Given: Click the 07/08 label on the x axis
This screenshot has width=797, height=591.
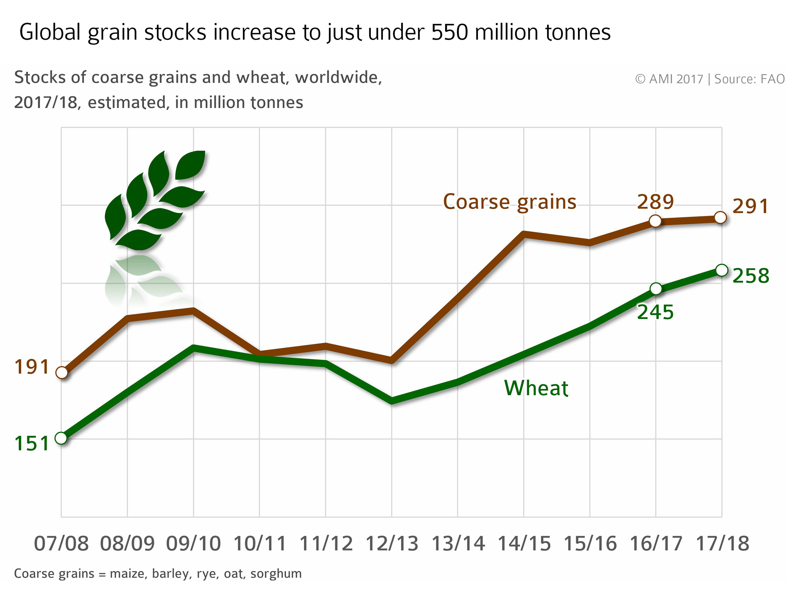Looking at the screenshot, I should [x=61, y=544].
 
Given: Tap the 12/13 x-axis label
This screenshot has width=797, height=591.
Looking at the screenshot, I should [x=391, y=544].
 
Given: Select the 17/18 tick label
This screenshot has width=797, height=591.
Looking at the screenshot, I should [x=722, y=544].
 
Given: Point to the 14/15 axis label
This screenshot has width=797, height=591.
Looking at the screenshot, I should [x=524, y=544].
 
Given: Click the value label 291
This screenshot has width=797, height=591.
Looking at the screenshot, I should [x=751, y=206].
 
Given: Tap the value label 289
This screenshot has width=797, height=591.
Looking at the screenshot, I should [x=655, y=202].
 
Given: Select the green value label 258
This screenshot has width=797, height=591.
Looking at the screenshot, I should [x=751, y=276].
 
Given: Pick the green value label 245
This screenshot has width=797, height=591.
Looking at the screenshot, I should [x=655, y=312].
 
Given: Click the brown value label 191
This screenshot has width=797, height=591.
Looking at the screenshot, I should [x=32, y=367].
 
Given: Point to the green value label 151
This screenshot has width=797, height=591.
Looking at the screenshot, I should [x=32, y=444].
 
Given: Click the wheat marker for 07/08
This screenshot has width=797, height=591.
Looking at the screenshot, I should [x=61, y=438].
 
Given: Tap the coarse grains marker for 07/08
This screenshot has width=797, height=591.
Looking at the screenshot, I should [x=61, y=373].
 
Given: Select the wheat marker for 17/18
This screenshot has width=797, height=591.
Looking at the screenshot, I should [x=722, y=270].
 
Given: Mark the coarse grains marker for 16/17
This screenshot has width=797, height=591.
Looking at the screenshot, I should [x=656, y=221].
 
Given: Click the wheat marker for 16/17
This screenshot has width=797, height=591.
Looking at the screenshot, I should [x=656, y=289].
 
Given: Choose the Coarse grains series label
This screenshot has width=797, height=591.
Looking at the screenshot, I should [x=509, y=202].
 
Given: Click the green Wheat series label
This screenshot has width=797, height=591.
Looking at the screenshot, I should [x=536, y=388].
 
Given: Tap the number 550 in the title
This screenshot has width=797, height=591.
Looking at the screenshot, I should [x=449, y=32].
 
